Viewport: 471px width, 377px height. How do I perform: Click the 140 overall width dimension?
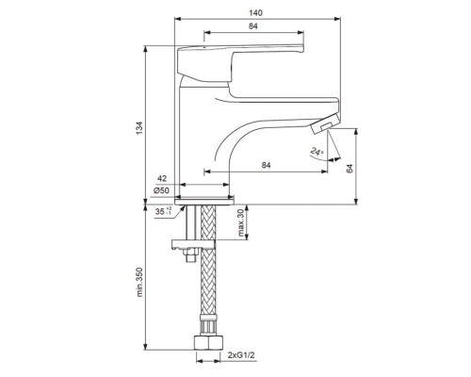coord(255,13)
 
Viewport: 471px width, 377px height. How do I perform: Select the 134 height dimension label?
coord(139,128)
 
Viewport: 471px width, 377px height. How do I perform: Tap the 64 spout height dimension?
coord(349,169)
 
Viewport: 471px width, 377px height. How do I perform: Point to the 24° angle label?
coord(317,152)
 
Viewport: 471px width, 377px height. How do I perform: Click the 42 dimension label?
coord(162,179)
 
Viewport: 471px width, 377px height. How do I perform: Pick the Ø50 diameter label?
coord(161,190)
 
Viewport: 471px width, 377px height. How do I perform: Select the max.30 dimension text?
coord(241,222)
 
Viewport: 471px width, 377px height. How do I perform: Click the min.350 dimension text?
coord(139,282)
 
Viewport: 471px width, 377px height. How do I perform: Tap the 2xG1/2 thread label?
coord(241,355)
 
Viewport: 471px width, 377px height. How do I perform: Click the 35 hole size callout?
coord(163,211)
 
